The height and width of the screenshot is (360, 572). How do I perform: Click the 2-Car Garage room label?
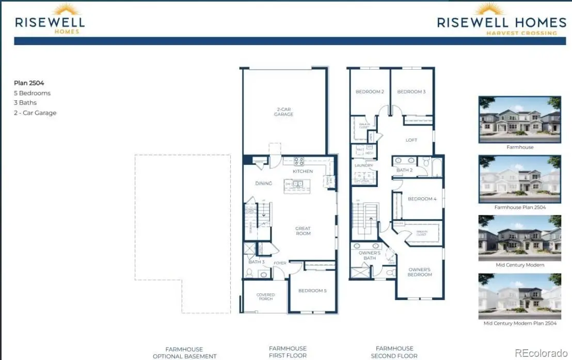(x=283, y=112)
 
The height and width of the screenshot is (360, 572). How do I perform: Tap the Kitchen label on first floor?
(x=303, y=171)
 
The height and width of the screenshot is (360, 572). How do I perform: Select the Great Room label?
(x=303, y=231)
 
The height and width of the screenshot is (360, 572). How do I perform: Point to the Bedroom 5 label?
(x=312, y=291)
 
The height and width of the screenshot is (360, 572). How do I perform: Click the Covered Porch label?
(x=266, y=297)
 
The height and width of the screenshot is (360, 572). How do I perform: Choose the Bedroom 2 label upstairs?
(x=370, y=92)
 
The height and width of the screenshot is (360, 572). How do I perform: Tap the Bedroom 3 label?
(x=411, y=92)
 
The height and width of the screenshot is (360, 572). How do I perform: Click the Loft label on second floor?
(x=411, y=140)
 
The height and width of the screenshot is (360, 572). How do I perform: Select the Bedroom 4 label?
(x=422, y=199)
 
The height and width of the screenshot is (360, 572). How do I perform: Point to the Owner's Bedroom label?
(x=420, y=272)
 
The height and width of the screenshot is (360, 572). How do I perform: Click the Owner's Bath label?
(x=370, y=255)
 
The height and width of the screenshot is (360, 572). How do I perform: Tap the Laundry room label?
(x=364, y=166)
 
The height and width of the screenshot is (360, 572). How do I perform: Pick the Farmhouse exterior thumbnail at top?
(x=519, y=119)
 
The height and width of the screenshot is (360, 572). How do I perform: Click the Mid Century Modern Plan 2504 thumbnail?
(x=519, y=296)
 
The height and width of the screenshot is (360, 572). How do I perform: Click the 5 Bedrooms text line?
(x=32, y=93)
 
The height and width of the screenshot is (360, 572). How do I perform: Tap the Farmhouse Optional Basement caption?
(x=184, y=352)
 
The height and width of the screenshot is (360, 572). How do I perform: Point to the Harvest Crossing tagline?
(x=521, y=33)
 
